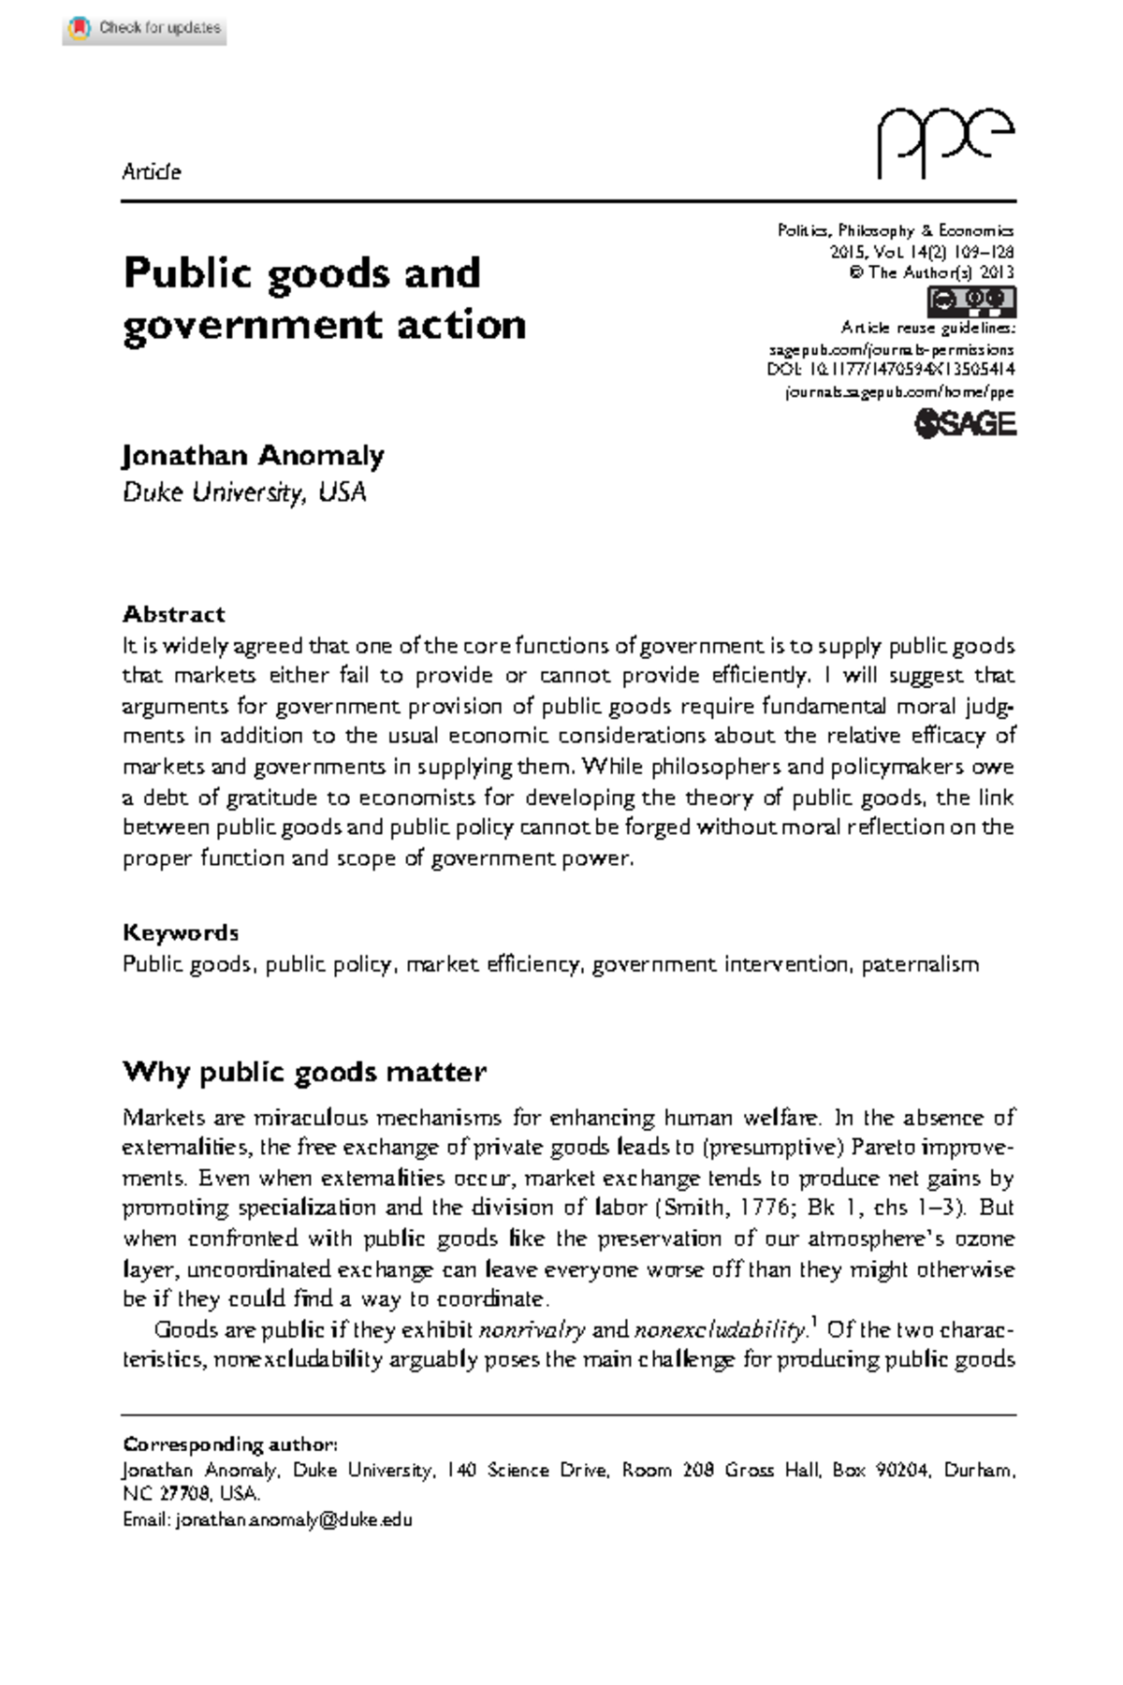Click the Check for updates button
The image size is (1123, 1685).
145,28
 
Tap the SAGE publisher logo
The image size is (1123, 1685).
965,424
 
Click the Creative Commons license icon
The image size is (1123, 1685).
971,301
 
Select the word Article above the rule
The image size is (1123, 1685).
152,172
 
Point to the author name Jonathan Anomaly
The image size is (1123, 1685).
254,456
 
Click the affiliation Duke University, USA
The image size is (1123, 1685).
244,492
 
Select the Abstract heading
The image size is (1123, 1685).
174,614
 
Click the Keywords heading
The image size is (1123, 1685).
181,932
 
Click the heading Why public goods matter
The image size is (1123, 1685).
304,1072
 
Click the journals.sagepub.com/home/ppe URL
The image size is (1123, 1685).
899,392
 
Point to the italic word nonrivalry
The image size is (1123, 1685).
532,1330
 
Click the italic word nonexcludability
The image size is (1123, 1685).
719,1330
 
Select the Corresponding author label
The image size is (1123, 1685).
230,1444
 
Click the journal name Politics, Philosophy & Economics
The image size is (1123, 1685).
896,230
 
